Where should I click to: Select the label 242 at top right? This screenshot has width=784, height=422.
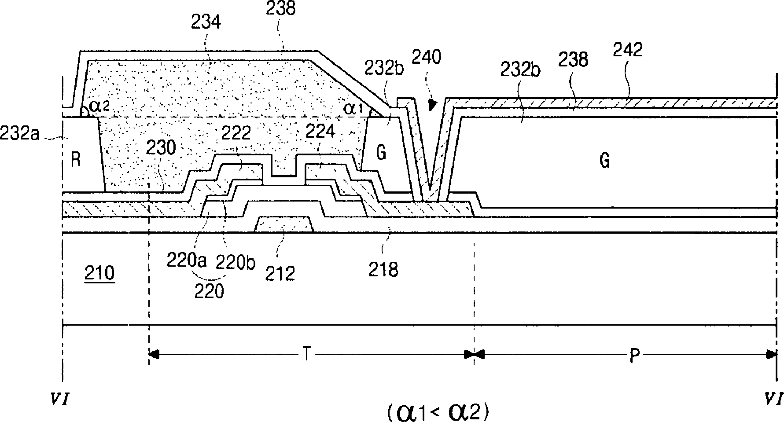pos(628,51)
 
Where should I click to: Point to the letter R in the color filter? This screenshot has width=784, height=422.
pos(76,160)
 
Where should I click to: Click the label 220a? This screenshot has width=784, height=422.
pos(187,261)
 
